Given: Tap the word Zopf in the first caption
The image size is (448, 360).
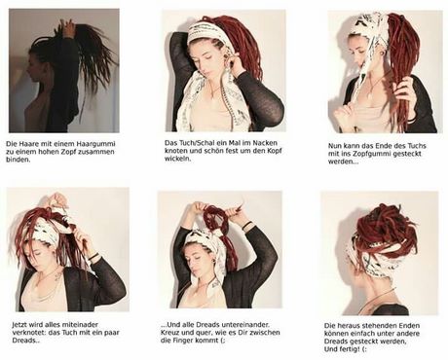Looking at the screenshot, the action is pyautogui.click(x=68, y=152).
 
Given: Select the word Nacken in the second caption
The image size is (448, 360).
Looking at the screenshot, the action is pyautogui.click(x=265, y=143).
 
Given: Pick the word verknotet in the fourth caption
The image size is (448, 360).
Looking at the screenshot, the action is pyautogui.click(x=26, y=333).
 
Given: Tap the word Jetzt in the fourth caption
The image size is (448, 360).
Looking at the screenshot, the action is pyautogui.click(x=19, y=325).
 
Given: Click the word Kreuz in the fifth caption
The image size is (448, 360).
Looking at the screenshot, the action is pyautogui.click(x=168, y=333).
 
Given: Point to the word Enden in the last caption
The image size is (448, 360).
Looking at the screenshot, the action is pyautogui.click(x=409, y=325).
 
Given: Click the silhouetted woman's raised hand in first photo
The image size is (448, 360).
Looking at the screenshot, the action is pyautogui.click(x=68, y=26).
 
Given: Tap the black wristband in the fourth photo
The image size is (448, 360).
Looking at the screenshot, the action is pyautogui.click(x=93, y=257).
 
